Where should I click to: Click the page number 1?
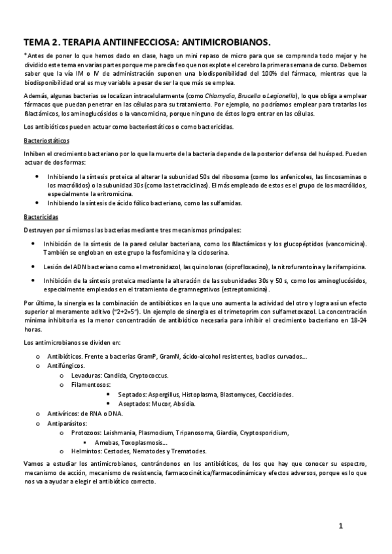[341, 525]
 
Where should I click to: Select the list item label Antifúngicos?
[67, 367]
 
